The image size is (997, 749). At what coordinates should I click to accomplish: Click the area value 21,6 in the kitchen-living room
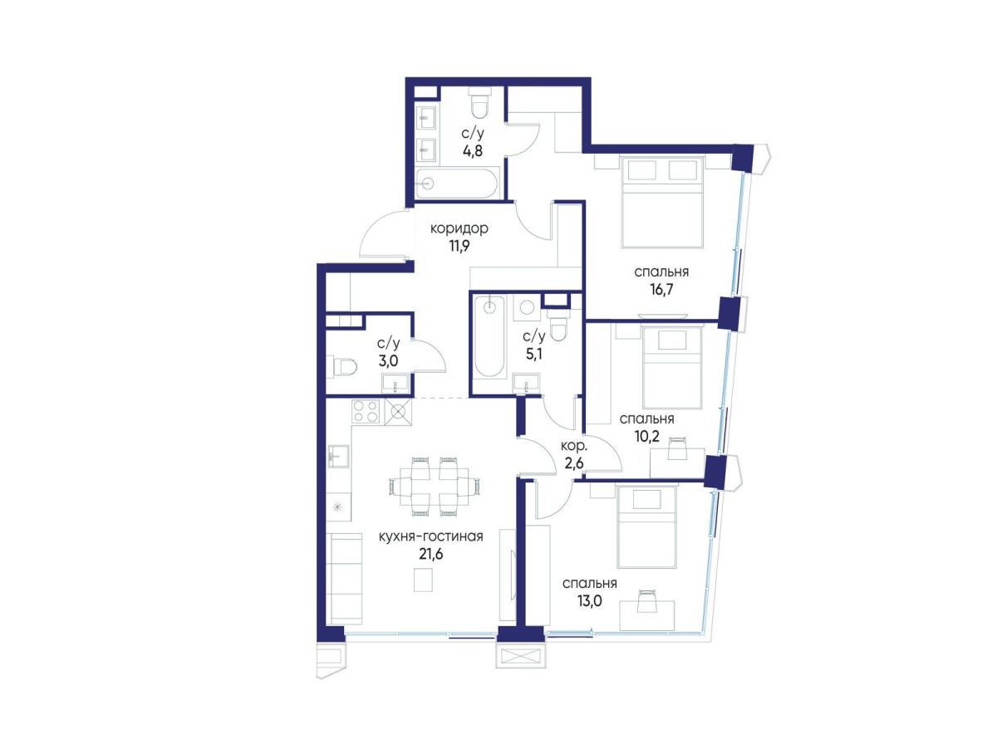pos(430,554)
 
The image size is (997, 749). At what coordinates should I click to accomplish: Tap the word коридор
pos(459,228)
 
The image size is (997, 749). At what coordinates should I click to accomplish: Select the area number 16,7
pos(661,289)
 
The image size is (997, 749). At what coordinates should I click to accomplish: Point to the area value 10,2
pos(646,436)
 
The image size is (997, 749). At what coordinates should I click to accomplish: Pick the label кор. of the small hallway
pos(573,446)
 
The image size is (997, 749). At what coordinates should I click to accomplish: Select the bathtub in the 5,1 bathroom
pos(489,337)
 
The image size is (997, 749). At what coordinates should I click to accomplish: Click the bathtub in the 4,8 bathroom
pos(458,183)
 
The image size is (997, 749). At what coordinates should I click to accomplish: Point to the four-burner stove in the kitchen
pos(366,411)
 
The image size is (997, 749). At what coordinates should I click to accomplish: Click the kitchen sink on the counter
pos(339,456)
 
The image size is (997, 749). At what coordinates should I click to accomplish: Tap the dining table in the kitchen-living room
pos(435,487)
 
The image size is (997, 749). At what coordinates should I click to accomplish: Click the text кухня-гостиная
pos(430,536)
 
